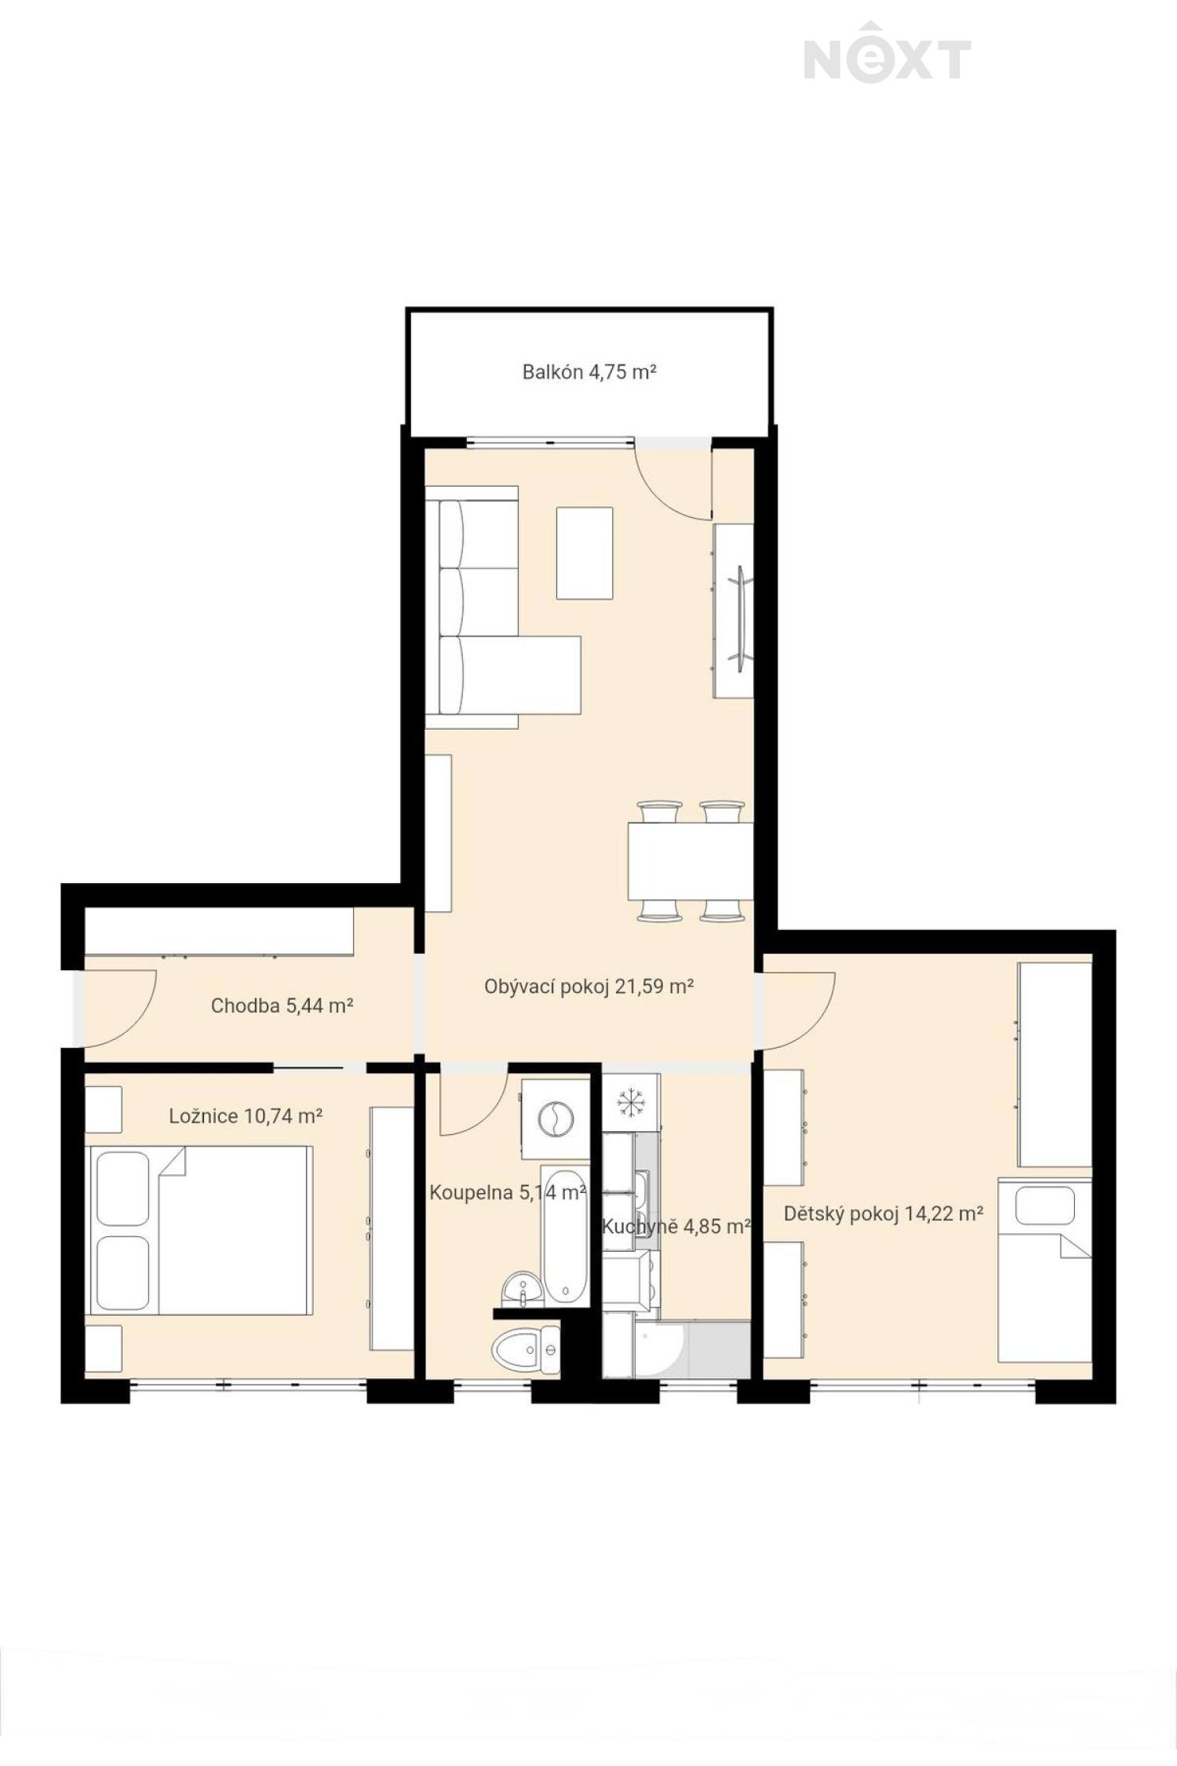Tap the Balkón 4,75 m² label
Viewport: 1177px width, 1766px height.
[x=588, y=371]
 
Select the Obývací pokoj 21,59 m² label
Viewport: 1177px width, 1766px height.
[x=588, y=987]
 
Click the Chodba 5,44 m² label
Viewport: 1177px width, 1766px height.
[x=282, y=1005]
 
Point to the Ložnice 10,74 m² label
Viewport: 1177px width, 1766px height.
[x=246, y=1115]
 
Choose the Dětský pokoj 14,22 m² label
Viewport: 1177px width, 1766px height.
[x=884, y=1214]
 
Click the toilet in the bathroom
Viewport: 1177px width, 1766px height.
[x=526, y=1351]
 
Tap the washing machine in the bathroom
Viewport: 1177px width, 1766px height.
[x=556, y=1118]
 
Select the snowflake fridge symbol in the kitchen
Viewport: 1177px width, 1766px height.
[x=629, y=1103]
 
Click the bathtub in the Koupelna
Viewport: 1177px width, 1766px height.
[x=565, y=1236]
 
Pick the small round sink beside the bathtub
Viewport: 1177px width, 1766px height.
[x=519, y=1289]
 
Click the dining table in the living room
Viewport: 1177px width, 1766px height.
[x=691, y=860]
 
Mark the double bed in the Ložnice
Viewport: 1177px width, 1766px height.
[x=201, y=1230]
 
